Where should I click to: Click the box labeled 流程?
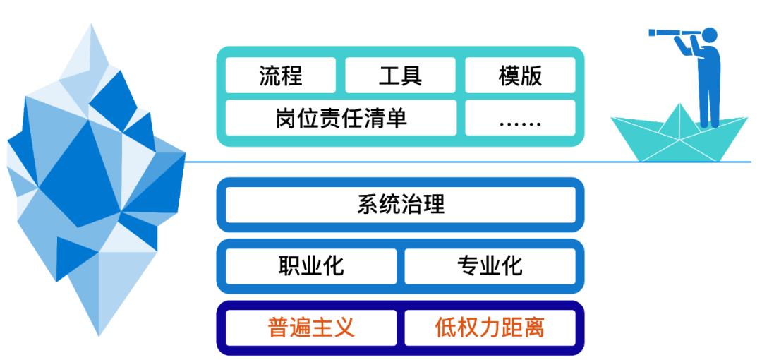click(x=281, y=75)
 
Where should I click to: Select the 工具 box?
click(x=400, y=75)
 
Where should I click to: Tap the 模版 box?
click(x=520, y=75)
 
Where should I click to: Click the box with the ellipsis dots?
click(x=520, y=118)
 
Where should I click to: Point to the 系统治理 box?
click(x=400, y=205)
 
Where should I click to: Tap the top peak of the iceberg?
click(x=92, y=26)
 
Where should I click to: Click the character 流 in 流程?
click(x=270, y=75)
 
